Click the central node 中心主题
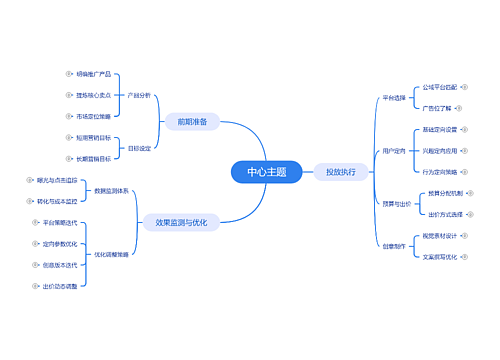pos(266,172)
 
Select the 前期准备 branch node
pos(192,122)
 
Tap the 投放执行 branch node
pos(341,172)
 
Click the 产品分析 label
pos(139,95)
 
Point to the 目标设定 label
pos(139,148)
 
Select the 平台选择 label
pos(394,98)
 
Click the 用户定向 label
pos(394,151)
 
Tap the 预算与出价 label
pos(396,203)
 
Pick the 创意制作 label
pos(394,245)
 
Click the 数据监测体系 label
pos(110,190)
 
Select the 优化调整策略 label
pos(110,254)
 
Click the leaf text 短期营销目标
pos(93,137)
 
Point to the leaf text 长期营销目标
pos(93,158)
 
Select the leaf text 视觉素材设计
pos(439,235)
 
